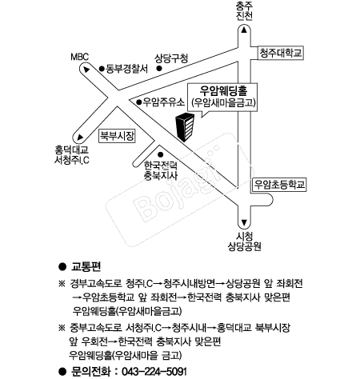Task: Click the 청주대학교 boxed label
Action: tap(281, 53)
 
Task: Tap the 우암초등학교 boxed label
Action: tap(279, 185)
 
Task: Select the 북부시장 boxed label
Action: tap(117, 136)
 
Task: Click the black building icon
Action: tap(185, 127)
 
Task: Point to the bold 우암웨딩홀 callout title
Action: tap(223, 91)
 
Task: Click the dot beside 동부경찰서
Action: tap(102, 69)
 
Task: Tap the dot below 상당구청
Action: tap(159, 68)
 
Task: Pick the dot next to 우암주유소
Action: tap(138, 102)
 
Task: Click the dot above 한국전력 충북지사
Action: tap(161, 154)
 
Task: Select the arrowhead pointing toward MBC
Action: tap(86, 70)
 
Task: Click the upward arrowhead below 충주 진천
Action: tap(244, 30)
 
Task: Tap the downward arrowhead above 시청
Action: tap(244, 222)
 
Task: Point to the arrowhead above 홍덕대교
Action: tap(80, 138)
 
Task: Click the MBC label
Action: tap(80, 57)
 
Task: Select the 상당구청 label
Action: tap(171, 58)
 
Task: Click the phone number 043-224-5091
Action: tap(154, 372)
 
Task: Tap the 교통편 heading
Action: tap(86, 266)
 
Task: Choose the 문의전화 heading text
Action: tap(90, 372)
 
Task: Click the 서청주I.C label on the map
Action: tap(72, 160)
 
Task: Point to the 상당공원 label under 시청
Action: tap(244, 246)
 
